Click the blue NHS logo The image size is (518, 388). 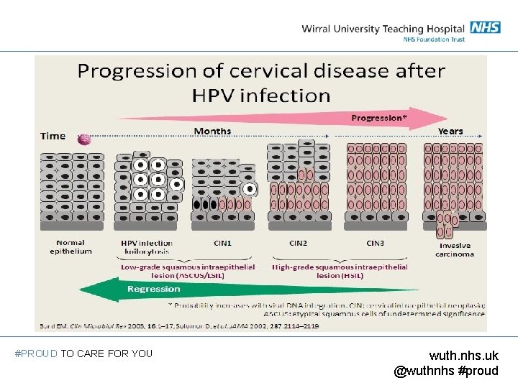[x=486, y=27]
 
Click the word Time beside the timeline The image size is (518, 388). [x=53, y=136]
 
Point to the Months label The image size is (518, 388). [x=212, y=131]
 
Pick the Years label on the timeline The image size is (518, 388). [x=450, y=131]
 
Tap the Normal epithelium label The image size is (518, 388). [x=71, y=247]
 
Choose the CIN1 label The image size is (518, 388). [x=223, y=243]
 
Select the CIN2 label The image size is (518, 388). [x=298, y=243]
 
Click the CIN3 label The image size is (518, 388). [x=376, y=243]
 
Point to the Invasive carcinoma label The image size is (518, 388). [x=456, y=249]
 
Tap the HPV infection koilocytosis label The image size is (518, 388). [x=146, y=247]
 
